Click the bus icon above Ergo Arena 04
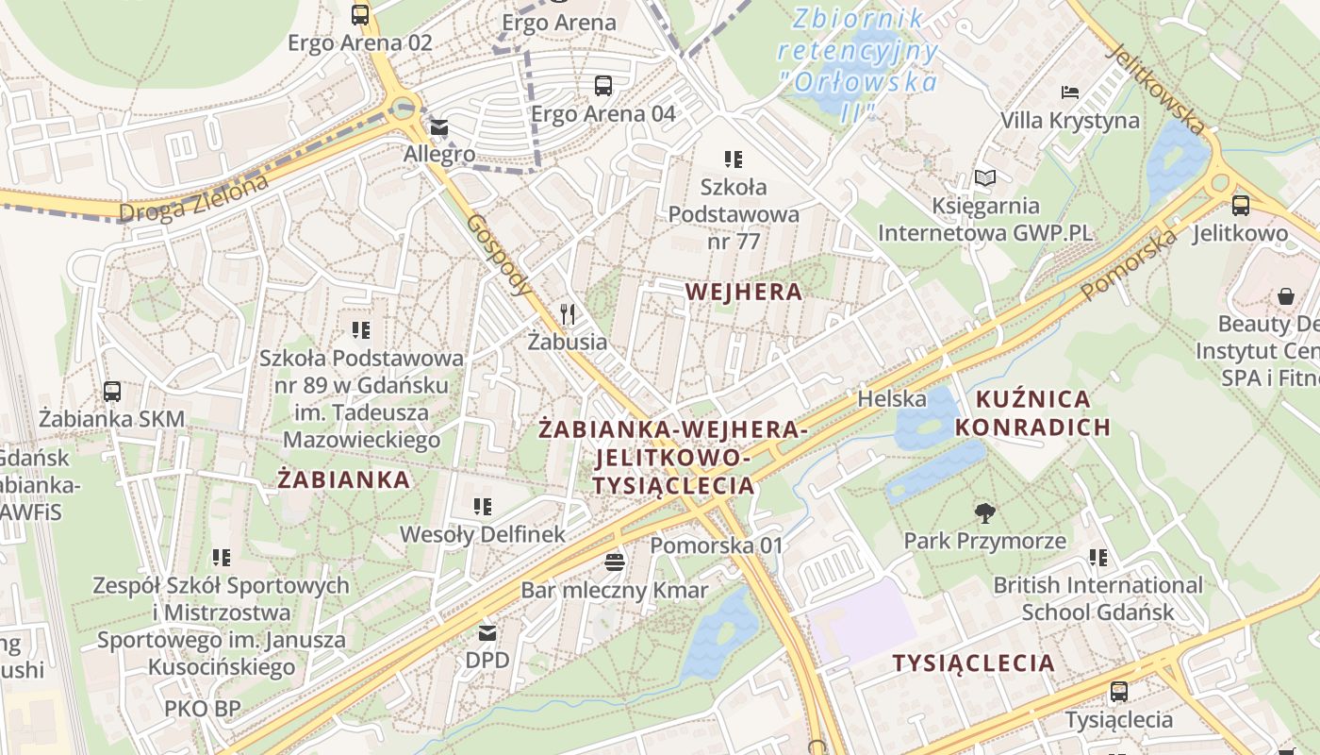(x=603, y=86)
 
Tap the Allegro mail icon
(x=439, y=127)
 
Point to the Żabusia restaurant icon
(x=567, y=313)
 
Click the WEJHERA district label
(x=744, y=292)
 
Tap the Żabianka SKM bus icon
(x=112, y=391)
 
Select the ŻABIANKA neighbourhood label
(x=344, y=479)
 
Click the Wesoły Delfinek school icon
(x=483, y=507)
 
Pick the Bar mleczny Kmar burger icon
(x=615, y=563)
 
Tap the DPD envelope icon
(x=487, y=633)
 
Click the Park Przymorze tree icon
(x=985, y=513)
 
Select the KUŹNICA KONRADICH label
(x=1033, y=413)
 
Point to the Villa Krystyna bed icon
(x=1070, y=92)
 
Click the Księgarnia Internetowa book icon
(x=985, y=177)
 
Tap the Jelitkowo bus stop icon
(x=1241, y=205)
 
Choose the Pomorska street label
(x=1129, y=265)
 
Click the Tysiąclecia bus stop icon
(x=1119, y=692)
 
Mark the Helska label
(x=891, y=399)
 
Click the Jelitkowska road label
(x=1157, y=89)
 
